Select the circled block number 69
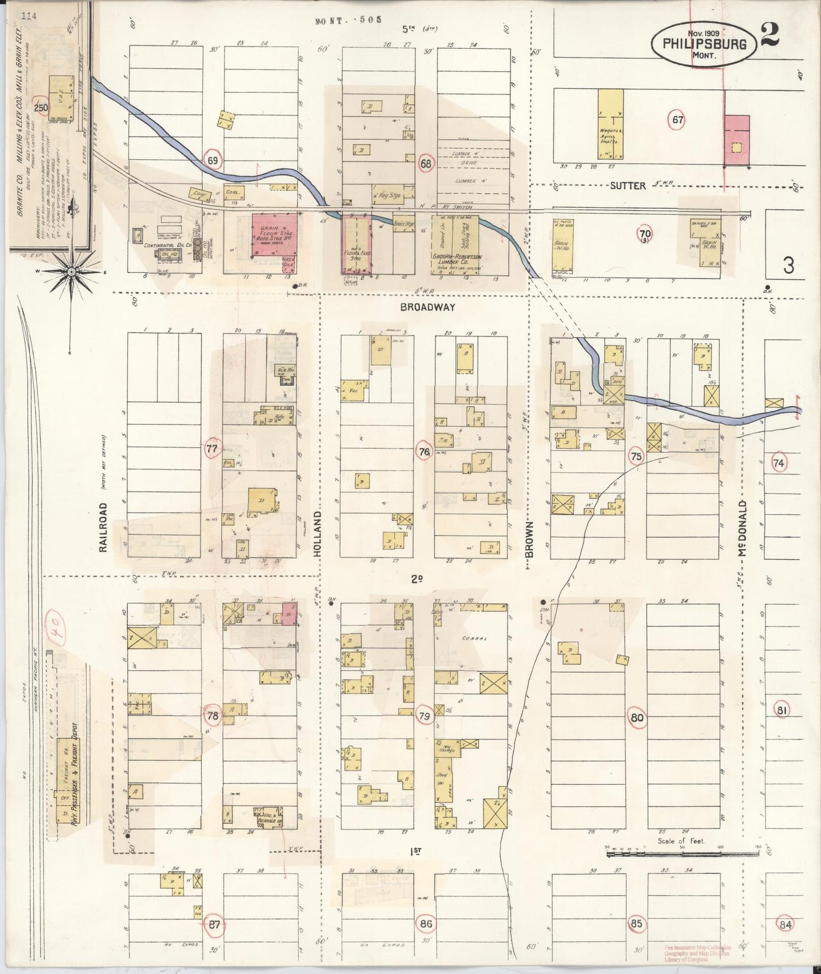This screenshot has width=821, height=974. tap(212, 161)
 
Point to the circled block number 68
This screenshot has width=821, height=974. tap(426, 164)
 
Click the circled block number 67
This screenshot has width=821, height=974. tap(677, 120)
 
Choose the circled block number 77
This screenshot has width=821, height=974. tap(211, 449)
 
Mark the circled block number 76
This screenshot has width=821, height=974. tap(424, 452)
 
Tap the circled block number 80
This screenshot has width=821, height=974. tap(637, 717)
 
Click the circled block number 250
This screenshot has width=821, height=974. tap(40, 107)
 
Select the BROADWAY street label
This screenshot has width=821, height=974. tap(427, 307)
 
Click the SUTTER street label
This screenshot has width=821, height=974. tap(629, 185)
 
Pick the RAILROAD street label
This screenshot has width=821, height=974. tap(103, 527)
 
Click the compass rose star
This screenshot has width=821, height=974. tap(72, 272)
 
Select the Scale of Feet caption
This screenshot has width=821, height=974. tap(681, 840)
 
